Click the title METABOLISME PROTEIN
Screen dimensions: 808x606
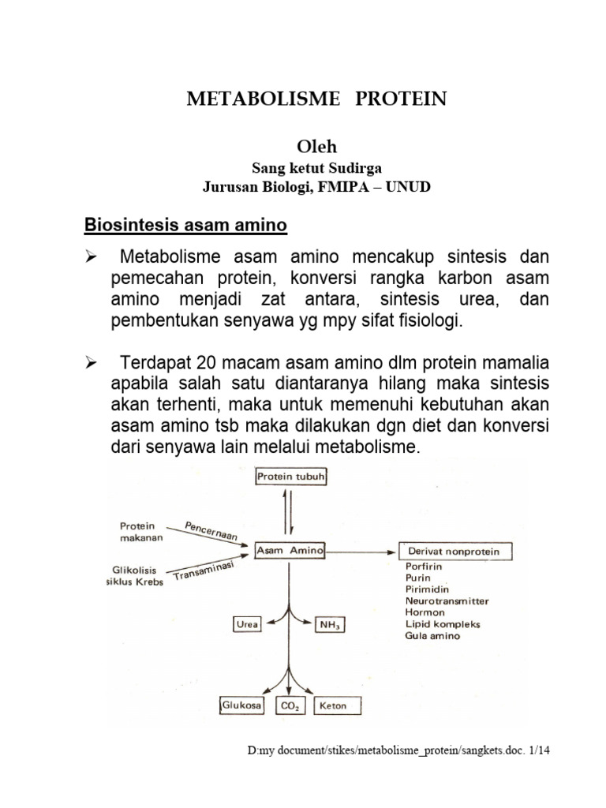point(316,99)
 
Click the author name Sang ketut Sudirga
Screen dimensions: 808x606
point(316,168)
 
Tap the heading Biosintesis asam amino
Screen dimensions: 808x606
point(186,226)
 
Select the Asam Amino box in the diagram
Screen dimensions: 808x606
point(290,552)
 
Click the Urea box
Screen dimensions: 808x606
point(246,624)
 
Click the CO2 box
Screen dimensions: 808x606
point(290,706)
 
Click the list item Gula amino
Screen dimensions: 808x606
point(432,635)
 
